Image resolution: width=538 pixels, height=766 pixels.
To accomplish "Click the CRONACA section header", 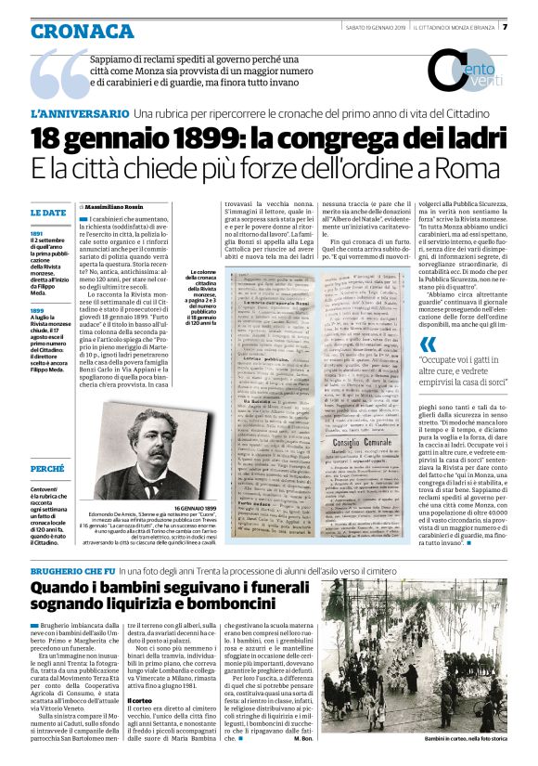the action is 82,31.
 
